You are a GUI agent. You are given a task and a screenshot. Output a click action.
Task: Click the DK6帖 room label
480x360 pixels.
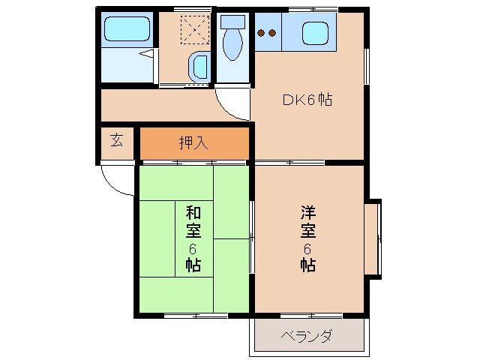[x=307, y=99]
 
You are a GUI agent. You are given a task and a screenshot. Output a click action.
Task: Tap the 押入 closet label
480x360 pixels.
[x=193, y=141]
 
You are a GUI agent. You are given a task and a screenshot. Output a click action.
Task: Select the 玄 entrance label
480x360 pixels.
[x=118, y=139]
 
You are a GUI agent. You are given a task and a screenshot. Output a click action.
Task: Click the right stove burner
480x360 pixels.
[x=272, y=33]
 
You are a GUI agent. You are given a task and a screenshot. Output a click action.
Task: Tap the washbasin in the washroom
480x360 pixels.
[x=199, y=67]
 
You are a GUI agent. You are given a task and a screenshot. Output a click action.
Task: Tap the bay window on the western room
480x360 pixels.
[x=373, y=238]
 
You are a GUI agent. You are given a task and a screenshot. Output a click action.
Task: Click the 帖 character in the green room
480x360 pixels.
[x=193, y=265]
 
